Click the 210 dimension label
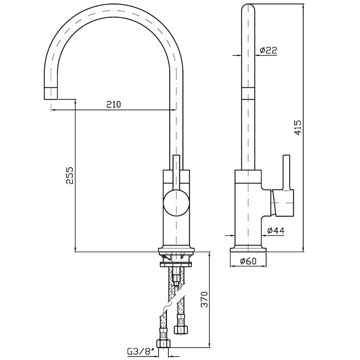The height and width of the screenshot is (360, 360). pos(113,105)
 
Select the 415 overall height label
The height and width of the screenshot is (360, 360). pos(297,127)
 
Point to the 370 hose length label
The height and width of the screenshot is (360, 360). pos(204,300)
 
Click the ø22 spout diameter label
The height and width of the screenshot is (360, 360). pos(269,50)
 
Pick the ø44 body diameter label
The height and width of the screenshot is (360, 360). pos(276,230)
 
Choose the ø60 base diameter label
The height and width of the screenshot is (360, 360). pos(248,261)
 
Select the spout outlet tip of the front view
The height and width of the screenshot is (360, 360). pos(51,94)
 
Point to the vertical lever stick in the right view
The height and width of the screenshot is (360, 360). pos(286,172)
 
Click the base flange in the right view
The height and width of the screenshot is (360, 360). pos(248,249)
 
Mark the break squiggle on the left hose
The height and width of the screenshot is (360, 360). pos(167,307)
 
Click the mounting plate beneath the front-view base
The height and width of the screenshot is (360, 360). pos(176,264)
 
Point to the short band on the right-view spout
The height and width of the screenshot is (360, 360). pos(248,94)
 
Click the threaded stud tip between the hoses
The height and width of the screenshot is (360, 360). pos(176,284)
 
